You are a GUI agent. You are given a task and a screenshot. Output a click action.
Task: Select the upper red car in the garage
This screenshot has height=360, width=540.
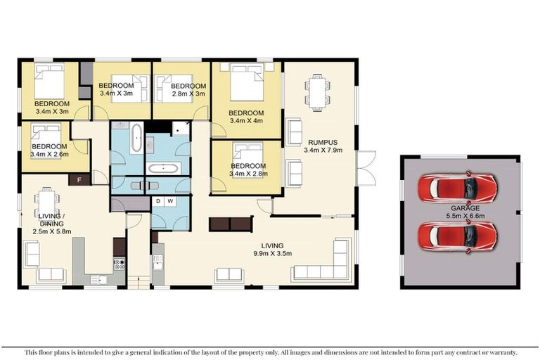coord(457,188)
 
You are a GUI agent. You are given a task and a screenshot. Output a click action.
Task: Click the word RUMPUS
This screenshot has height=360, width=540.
coord(318,141)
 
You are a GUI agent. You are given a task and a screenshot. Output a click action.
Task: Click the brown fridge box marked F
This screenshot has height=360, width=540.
coord(79,179)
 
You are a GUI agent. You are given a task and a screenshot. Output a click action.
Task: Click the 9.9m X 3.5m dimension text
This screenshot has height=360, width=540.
coord(273,254)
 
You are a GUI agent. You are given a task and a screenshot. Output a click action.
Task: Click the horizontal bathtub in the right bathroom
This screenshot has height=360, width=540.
coord(164,169)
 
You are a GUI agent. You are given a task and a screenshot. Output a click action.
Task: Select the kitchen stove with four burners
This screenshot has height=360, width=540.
coord(119,265)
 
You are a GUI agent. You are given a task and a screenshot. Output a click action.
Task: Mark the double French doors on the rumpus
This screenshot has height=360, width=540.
coord(366,168)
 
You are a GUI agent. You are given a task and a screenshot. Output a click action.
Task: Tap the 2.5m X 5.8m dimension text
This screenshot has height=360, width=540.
coord(52,230)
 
